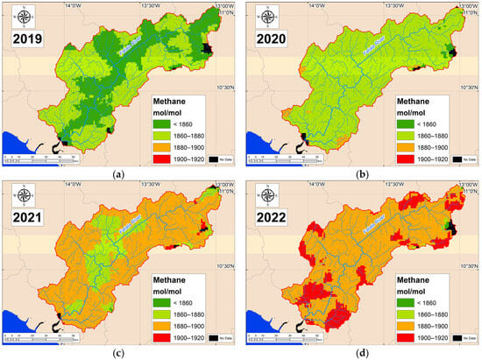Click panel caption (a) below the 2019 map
[x=117, y=174]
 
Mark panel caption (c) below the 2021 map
[x=117, y=352]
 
